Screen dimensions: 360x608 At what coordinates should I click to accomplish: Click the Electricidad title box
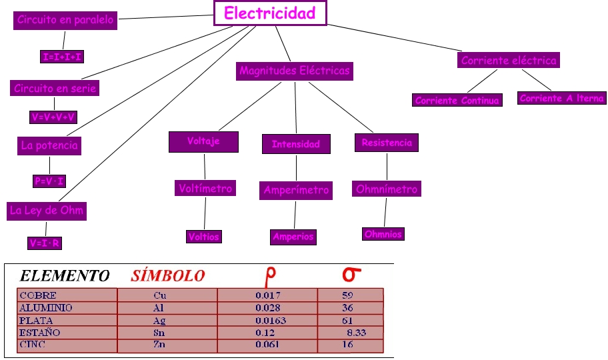click(270, 13)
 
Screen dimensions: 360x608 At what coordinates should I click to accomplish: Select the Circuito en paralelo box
click(65, 21)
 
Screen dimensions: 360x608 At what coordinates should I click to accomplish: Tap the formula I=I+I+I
click(62, 57)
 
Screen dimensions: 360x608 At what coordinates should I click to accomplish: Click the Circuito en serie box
click(55, 88)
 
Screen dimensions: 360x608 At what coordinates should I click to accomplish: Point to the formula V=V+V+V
click(54, 117)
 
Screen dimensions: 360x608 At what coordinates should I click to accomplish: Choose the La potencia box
click(49, 145)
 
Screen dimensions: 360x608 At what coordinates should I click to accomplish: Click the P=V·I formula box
click(49, 181)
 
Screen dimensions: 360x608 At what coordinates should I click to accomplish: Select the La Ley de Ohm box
click(47, 211)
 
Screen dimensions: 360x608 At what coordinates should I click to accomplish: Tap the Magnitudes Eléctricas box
click(294, 71)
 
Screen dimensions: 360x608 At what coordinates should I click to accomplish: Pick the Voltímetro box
click(205, 189)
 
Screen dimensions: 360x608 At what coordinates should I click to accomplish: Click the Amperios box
click(293, 237)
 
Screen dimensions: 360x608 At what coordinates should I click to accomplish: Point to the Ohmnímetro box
click(387, 189)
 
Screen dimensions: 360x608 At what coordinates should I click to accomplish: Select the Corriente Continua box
click(457, 101)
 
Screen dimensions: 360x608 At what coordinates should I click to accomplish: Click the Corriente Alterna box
click(562, 98)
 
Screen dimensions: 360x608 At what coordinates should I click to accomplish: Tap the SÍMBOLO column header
click(168, 275)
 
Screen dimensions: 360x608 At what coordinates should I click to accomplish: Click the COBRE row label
click(38, 295)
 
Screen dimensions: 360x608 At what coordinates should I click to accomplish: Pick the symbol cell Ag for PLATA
click(159, 321)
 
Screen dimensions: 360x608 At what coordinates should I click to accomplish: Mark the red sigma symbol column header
click(351, 274)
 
